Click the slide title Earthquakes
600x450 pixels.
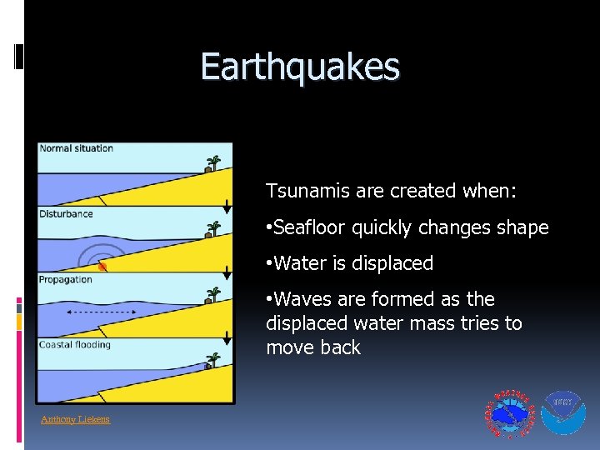(x=300, y=67)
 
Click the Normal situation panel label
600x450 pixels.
(x=76, y=148)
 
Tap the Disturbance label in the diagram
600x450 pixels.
(x=66, y=214)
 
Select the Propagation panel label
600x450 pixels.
(x=66, y=279)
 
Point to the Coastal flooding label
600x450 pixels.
(x=75, y=345)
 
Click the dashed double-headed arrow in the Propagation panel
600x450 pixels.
(x=101, y=311)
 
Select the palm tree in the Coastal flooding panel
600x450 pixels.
(x=213, y=359)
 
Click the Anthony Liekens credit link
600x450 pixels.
(x=75, y=419)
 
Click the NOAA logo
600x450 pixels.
(x=563, y=413)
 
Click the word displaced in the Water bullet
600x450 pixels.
(x=392, y=263)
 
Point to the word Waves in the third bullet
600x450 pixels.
(x=301, y=299)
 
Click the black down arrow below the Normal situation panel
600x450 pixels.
(x=227, y=206)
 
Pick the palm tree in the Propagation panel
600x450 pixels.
(x=213, y=293)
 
